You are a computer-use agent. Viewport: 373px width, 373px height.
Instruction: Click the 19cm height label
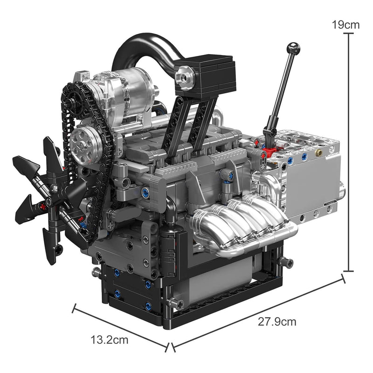pyautogui.click(x=345, y=24)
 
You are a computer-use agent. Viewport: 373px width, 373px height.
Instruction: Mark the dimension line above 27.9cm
pyautogui.click(x=259, y=311)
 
